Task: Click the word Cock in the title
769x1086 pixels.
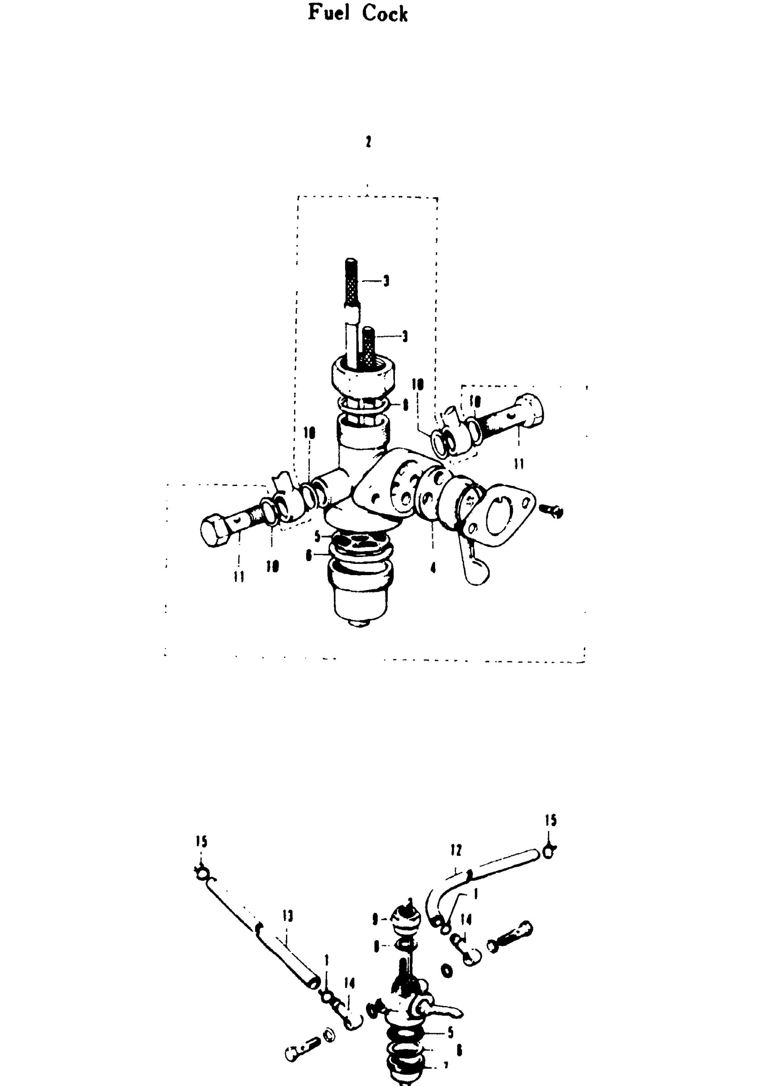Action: (x=384, y=14)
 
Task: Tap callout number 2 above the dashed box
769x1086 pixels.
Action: (x=368, y=142)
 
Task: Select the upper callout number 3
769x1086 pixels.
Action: (x=386, y=281)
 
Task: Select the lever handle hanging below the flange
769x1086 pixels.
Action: (x=475, y=568)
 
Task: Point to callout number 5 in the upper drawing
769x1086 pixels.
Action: (x=318, y=536)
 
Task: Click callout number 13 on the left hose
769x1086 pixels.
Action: (x=288, y=916)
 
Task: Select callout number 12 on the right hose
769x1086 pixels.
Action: (x=456, y=850)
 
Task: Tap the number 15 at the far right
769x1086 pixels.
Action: (x=550, y=820)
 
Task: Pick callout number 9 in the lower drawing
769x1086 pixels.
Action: (x=375, y=919)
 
